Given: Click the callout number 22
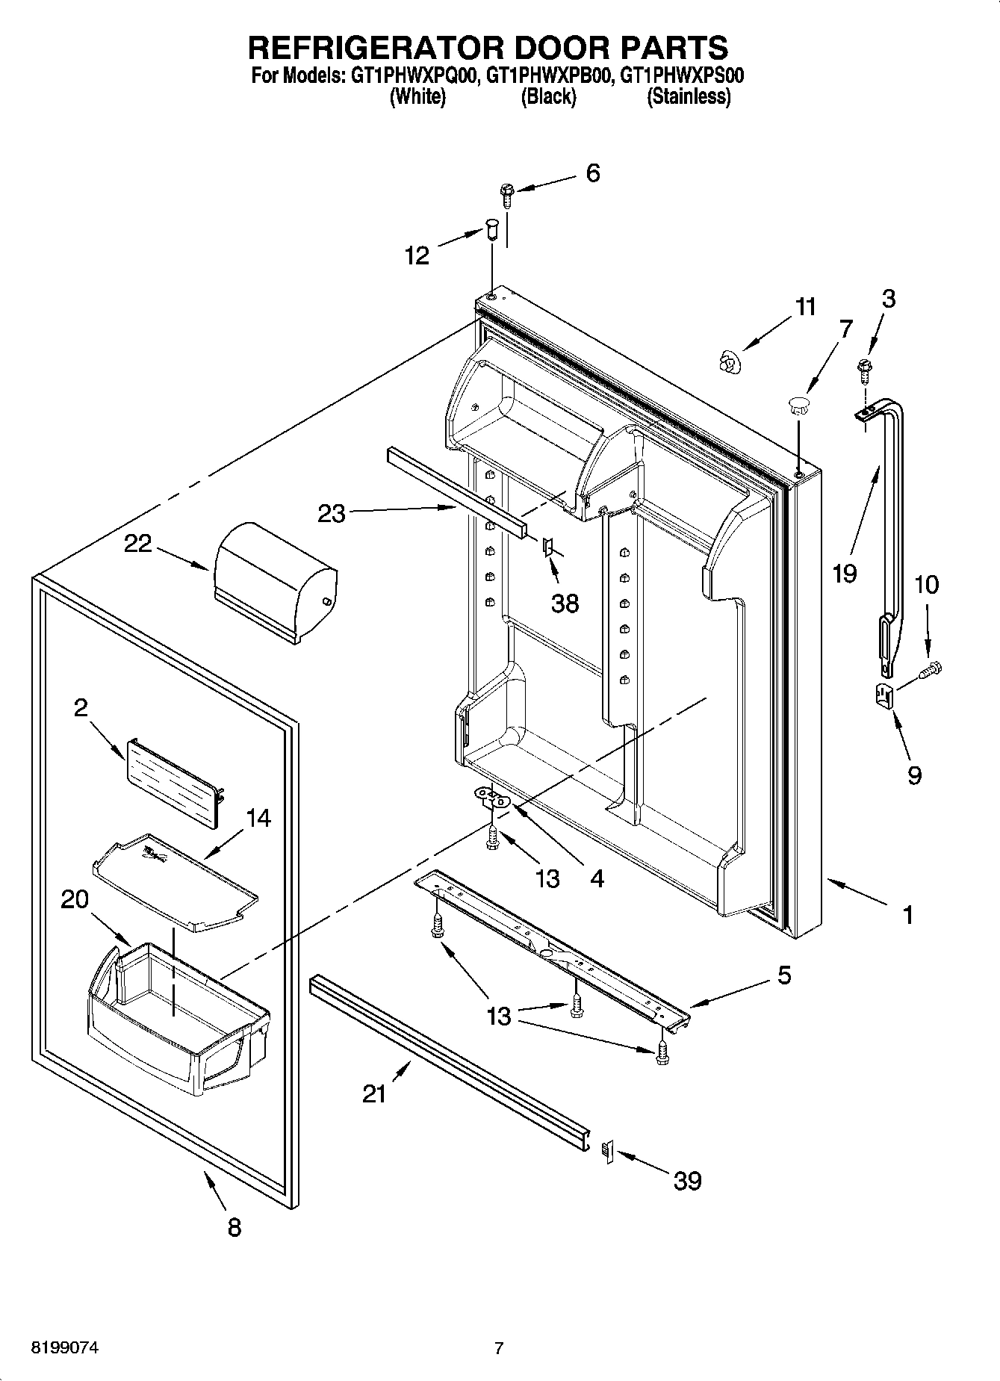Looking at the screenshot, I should point(138,543).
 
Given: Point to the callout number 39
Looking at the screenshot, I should point(687,1180).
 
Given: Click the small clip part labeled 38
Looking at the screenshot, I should point(547,548).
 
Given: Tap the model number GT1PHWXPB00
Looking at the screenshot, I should point(549,75).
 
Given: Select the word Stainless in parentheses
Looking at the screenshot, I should point(689,96).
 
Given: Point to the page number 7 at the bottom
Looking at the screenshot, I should point(499,1348).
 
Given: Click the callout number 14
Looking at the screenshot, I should point(258,819).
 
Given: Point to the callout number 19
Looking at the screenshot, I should point(845,573).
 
